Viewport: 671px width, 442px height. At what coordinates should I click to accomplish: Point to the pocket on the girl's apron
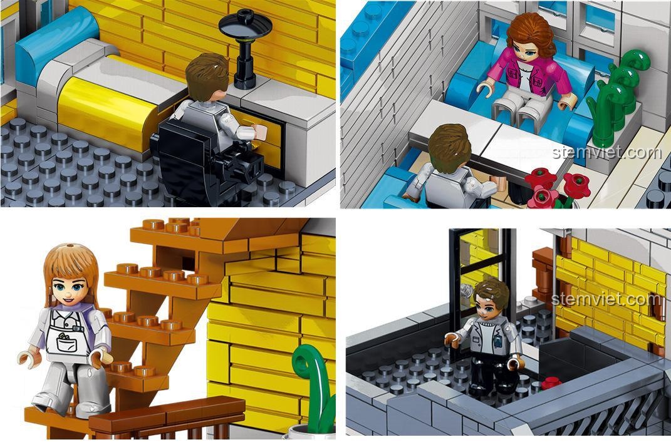tap(66, 344)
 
